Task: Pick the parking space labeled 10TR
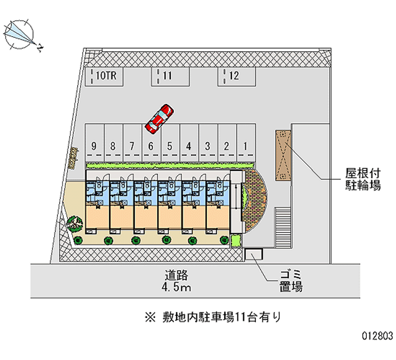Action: (104, 77)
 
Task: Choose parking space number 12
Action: (237, 77)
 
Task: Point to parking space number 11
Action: (170, 77)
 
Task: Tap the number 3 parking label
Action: (208, 146)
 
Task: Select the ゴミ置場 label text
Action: (290, 281)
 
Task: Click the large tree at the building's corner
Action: (75, 224)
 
